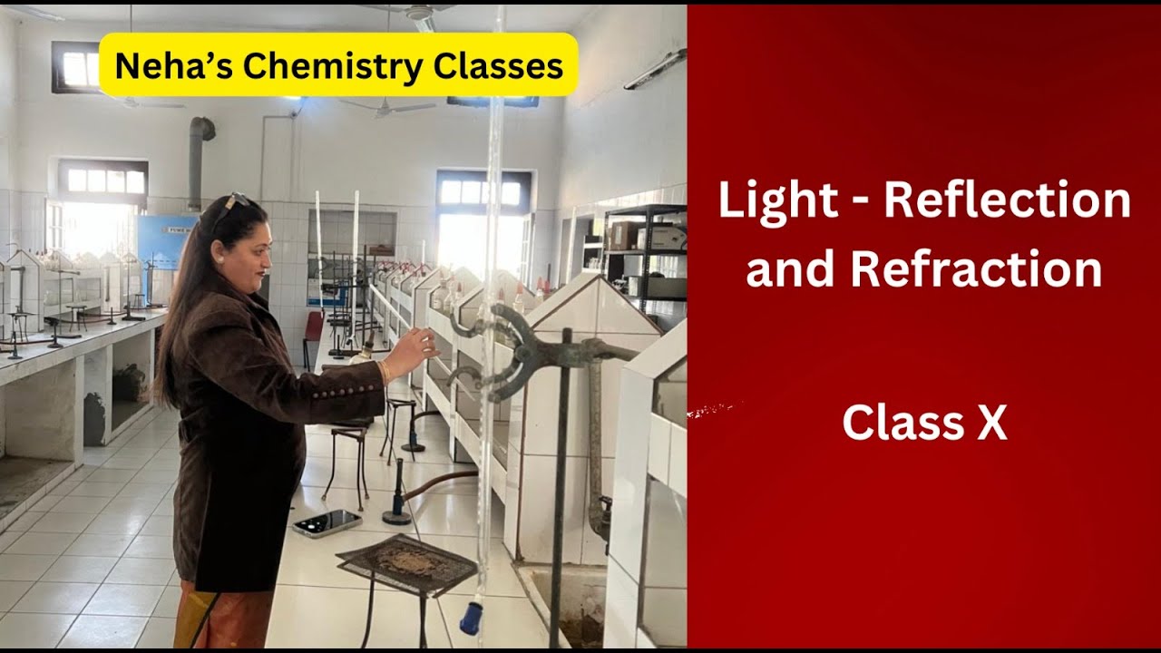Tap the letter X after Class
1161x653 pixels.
click(991, 423)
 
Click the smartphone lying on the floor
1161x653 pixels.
click(326, 523)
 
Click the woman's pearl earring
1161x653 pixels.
click(220, 260)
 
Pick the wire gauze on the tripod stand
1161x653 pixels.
click(407, 561)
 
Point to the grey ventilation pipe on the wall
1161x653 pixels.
click(196, 163)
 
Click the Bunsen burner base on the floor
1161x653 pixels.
click(396, 518)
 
